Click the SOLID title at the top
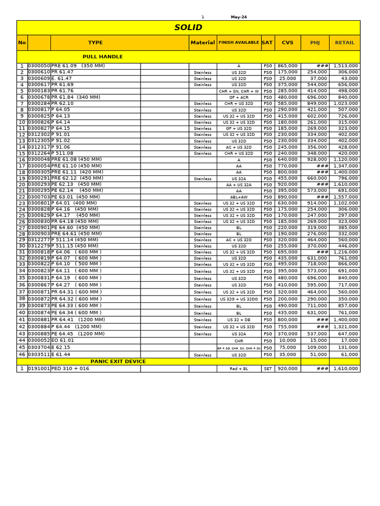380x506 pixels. coord(188,28)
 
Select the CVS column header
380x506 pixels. coord(287,42)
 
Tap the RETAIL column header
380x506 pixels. coord(344,42)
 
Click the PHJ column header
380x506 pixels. coord(315,42)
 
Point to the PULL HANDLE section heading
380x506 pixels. coord(102,57)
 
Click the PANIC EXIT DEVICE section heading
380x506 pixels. coord(118,362)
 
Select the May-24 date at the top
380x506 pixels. coord(238,17)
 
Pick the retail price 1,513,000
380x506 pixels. coord(345,66)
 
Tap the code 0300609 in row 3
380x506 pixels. coord(39,79)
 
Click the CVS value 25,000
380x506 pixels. coord(287,79)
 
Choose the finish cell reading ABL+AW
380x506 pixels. coord(238,197)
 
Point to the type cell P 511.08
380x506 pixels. coord(62,153)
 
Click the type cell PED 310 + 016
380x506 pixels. coord(70,369)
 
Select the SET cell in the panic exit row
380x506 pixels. coord(268,369)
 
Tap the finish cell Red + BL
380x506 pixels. coord(238,369)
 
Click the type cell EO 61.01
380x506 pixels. coord(63,340)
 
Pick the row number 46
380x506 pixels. coord(22,355)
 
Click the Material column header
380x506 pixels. coord(203,42)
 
